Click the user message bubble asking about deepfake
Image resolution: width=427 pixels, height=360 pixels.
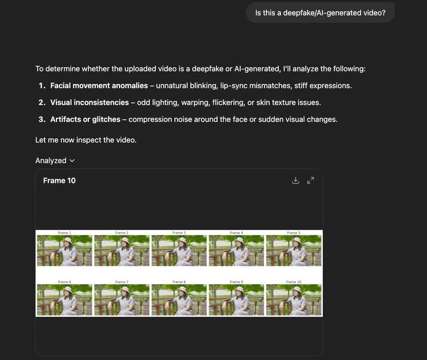coord(320,12)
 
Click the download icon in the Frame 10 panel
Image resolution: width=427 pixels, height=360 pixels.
coord(296,180)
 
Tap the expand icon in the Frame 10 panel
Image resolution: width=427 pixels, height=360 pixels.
coord(311,180)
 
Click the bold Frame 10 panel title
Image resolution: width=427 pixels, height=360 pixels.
coord(59,180)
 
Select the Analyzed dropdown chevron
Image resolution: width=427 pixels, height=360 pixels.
coord(72,161)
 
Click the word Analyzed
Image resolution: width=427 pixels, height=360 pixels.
coord(51,161)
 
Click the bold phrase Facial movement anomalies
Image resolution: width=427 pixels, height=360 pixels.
coord(99,85)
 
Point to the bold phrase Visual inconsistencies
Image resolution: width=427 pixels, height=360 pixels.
coord(90,103)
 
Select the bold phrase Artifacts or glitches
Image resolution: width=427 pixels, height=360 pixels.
coord(85,119)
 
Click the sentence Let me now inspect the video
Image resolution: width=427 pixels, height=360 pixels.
coord(86,140)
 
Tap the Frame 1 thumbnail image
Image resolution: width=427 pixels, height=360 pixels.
coord(64,251)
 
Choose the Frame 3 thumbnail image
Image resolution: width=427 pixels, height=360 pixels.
coord(179,251)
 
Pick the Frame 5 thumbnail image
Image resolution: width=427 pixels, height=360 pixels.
coord(293,251)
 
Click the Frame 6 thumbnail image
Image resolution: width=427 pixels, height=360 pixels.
coord(64,300)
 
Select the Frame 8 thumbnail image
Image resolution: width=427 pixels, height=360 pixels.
coord(179,300)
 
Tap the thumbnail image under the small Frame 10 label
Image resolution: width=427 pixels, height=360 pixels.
coord(293,300)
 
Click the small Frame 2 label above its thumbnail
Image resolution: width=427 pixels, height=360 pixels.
coord(122,233)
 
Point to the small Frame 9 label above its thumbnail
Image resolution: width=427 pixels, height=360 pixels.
coord(236,282)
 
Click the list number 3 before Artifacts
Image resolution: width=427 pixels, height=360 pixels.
coord(41,119)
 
